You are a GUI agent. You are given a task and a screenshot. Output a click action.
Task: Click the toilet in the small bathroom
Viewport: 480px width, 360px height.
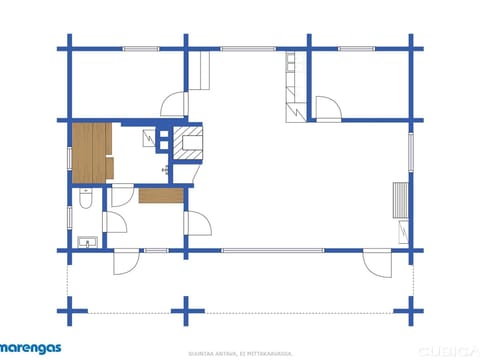[88, 203]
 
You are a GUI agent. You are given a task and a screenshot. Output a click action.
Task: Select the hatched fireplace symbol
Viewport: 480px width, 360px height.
[188, 147]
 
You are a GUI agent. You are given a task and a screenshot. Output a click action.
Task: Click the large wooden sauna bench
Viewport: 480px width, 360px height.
[91, 151]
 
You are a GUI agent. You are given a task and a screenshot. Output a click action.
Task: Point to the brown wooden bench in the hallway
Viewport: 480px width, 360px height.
[156, 196]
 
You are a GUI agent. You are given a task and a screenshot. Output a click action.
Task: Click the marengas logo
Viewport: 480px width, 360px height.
[30, 348]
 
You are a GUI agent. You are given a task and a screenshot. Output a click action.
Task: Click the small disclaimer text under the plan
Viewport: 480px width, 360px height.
[240, 353]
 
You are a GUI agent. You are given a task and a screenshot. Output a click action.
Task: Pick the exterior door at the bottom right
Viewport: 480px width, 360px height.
[378, 263]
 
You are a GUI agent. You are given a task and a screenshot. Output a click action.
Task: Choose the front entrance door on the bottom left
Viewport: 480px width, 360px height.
[126, 262]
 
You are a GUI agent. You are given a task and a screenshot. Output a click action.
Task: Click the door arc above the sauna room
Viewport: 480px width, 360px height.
[173, 104]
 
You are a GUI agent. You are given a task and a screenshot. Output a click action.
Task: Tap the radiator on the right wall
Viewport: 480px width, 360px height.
[401, 200]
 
